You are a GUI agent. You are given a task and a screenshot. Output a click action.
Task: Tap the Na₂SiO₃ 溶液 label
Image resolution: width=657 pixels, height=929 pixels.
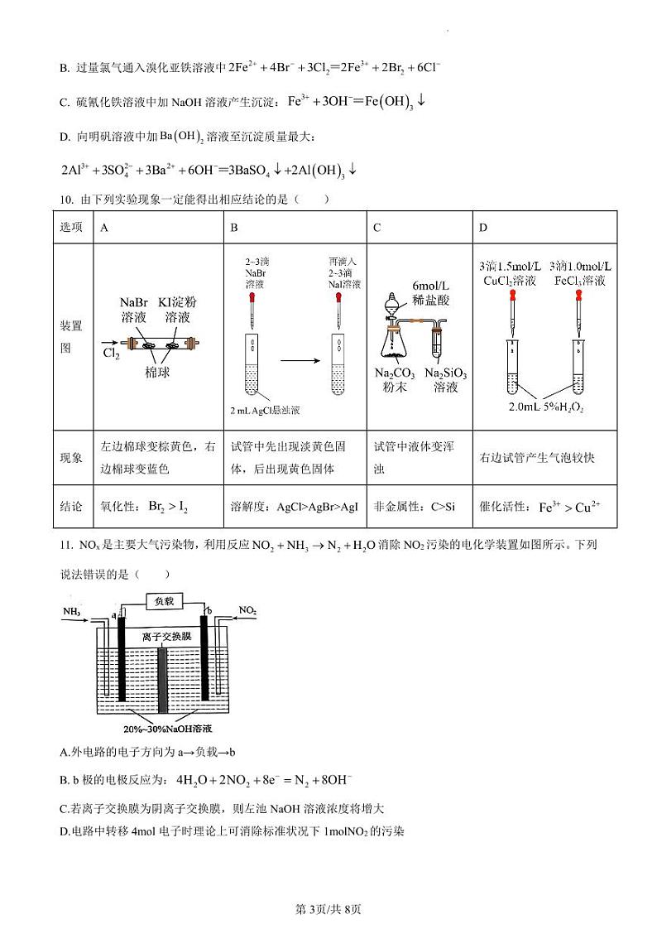(445, 380)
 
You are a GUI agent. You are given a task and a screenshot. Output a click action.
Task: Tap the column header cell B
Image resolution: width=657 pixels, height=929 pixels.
(234, 227)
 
